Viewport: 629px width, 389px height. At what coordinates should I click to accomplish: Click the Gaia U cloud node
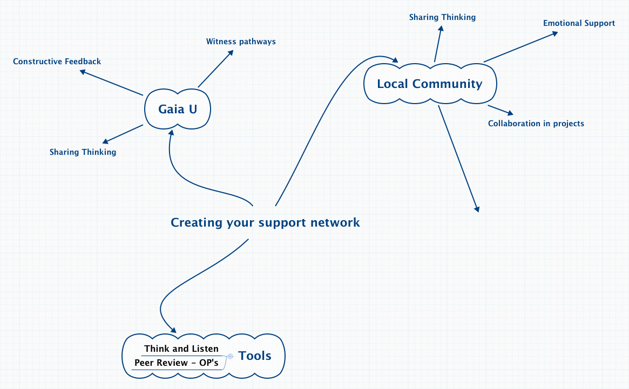point(178,109)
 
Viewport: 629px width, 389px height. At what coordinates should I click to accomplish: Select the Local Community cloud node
point(429,84)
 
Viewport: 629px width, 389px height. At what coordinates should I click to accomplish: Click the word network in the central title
point(335,222)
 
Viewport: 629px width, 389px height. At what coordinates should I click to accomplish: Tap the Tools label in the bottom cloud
point(255,356)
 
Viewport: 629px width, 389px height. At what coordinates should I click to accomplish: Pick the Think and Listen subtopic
point(181,349)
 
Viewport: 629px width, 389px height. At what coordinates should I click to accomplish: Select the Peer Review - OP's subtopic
point(177,363)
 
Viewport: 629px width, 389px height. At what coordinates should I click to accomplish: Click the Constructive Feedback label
point(57,62)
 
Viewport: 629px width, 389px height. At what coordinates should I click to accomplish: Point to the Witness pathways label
point(241,42)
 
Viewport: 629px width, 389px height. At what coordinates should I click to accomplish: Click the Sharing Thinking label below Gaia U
point(83,152)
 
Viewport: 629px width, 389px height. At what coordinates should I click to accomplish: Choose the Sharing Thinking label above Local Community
point(442,17)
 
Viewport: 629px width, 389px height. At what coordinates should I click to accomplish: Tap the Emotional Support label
point(579,23)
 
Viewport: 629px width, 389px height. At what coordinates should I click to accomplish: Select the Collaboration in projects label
point(536,124)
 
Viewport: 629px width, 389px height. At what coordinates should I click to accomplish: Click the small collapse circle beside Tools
point(231,356)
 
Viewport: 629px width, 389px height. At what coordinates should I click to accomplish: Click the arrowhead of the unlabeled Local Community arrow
point(477,208)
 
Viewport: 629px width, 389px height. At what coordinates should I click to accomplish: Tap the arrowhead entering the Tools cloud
point(173,330)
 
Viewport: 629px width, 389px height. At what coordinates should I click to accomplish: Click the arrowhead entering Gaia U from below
point(171,132)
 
